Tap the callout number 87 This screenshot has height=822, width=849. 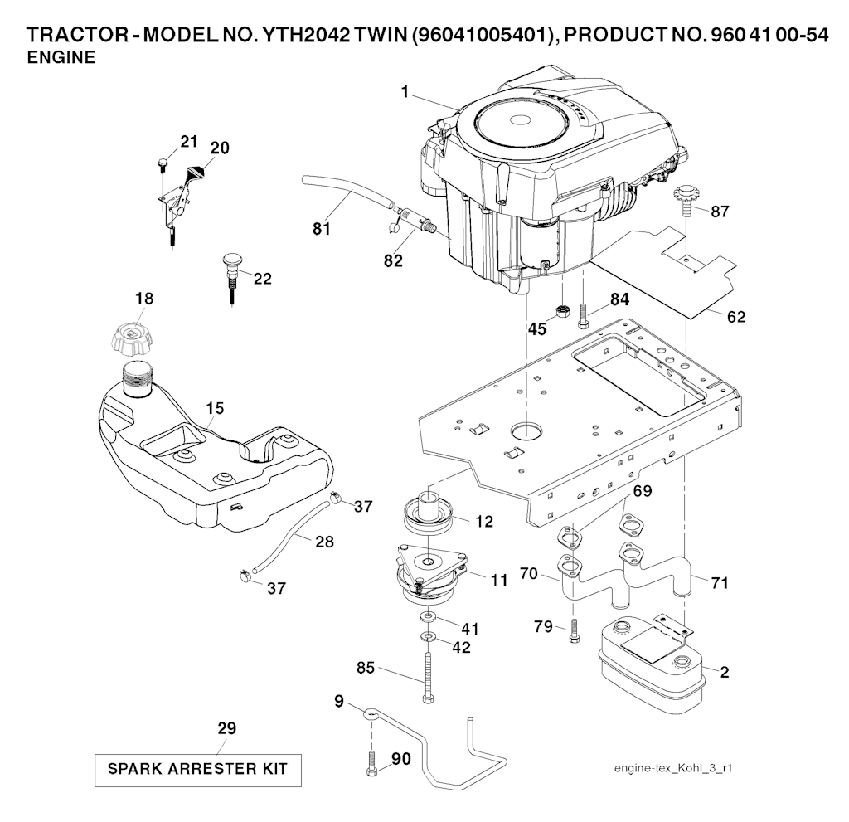[720, 212]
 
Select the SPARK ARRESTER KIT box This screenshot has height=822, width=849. [196, 769]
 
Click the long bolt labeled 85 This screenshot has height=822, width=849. [427, 676]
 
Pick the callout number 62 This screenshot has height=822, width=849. [735, 316]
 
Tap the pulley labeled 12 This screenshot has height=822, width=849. [429, 514]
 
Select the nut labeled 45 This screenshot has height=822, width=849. [563, 312]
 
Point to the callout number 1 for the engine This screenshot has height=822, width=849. [405, 93]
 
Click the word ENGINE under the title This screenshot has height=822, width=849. [61, 58]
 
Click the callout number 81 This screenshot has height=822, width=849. [322, 228]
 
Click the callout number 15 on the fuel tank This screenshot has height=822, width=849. [215, 408]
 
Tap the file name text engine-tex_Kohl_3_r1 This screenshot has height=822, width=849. [672, 768]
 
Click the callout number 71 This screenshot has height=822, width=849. [720, 583]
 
